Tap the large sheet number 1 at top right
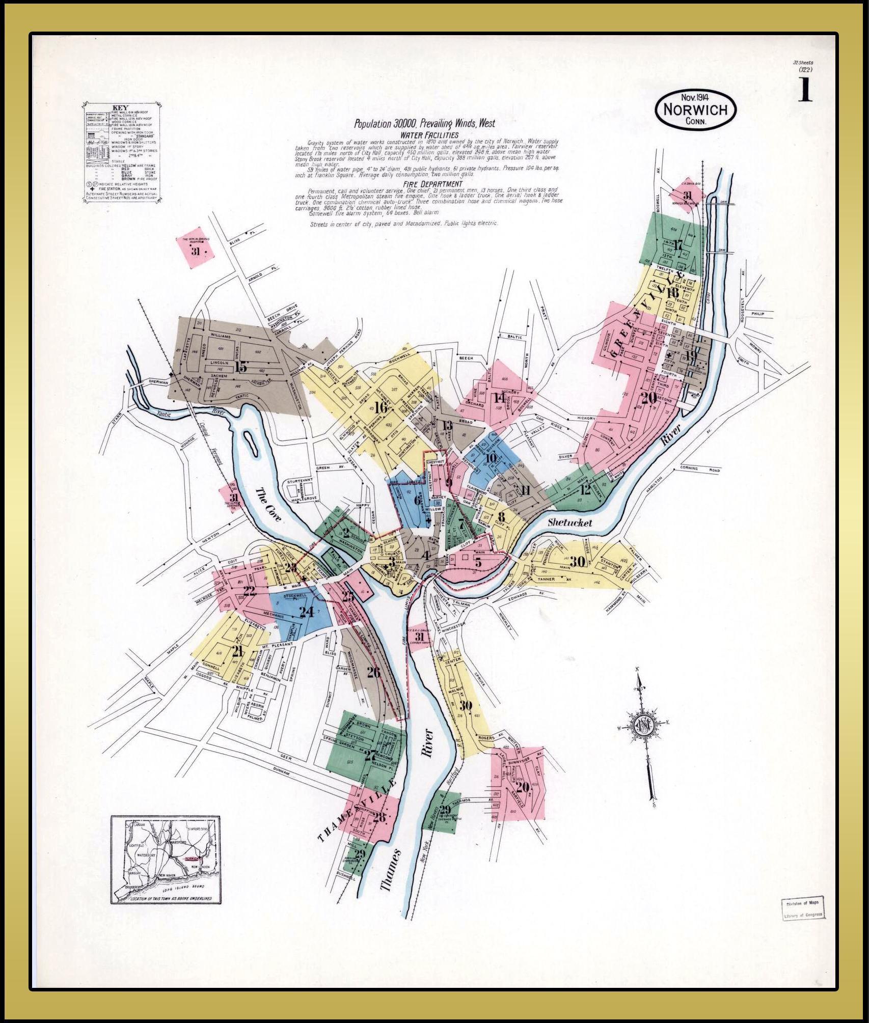tap(805, 90)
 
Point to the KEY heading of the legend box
tap(120, 108)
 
